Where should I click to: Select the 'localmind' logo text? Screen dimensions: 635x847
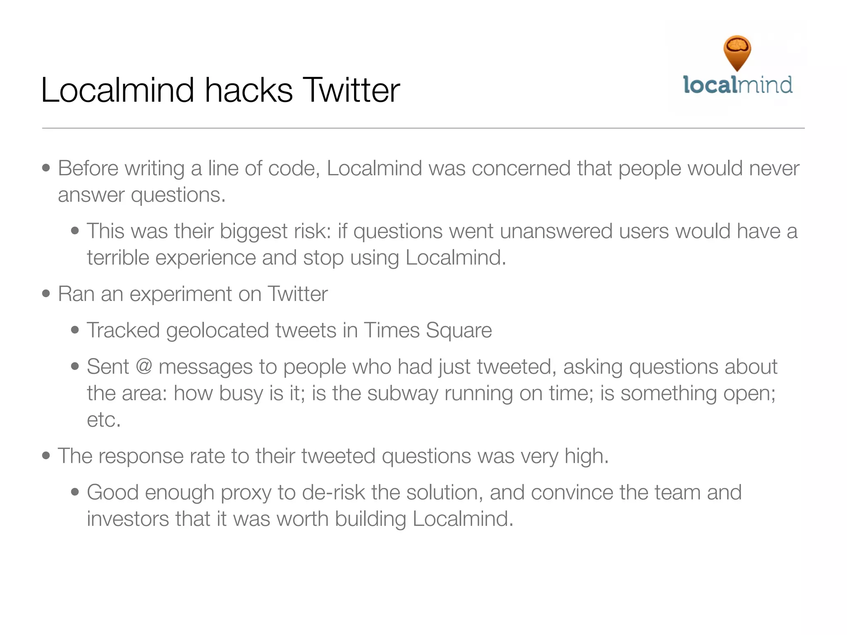(738, 85)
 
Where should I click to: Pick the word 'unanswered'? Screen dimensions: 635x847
(556, 231)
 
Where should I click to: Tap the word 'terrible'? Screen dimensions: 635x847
(118, 258)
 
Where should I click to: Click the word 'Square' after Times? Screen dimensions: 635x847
(459, 330)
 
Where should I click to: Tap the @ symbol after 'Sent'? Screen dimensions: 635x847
(144, 367)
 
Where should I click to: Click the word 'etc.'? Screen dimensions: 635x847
(103, 420)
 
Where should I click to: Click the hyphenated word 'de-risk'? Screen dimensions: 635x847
(333, 492)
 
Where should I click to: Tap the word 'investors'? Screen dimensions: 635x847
(128, 519)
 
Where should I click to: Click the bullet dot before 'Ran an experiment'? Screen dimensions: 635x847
(46, 294)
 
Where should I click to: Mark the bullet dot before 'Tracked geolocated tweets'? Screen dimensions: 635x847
(75, 330)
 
